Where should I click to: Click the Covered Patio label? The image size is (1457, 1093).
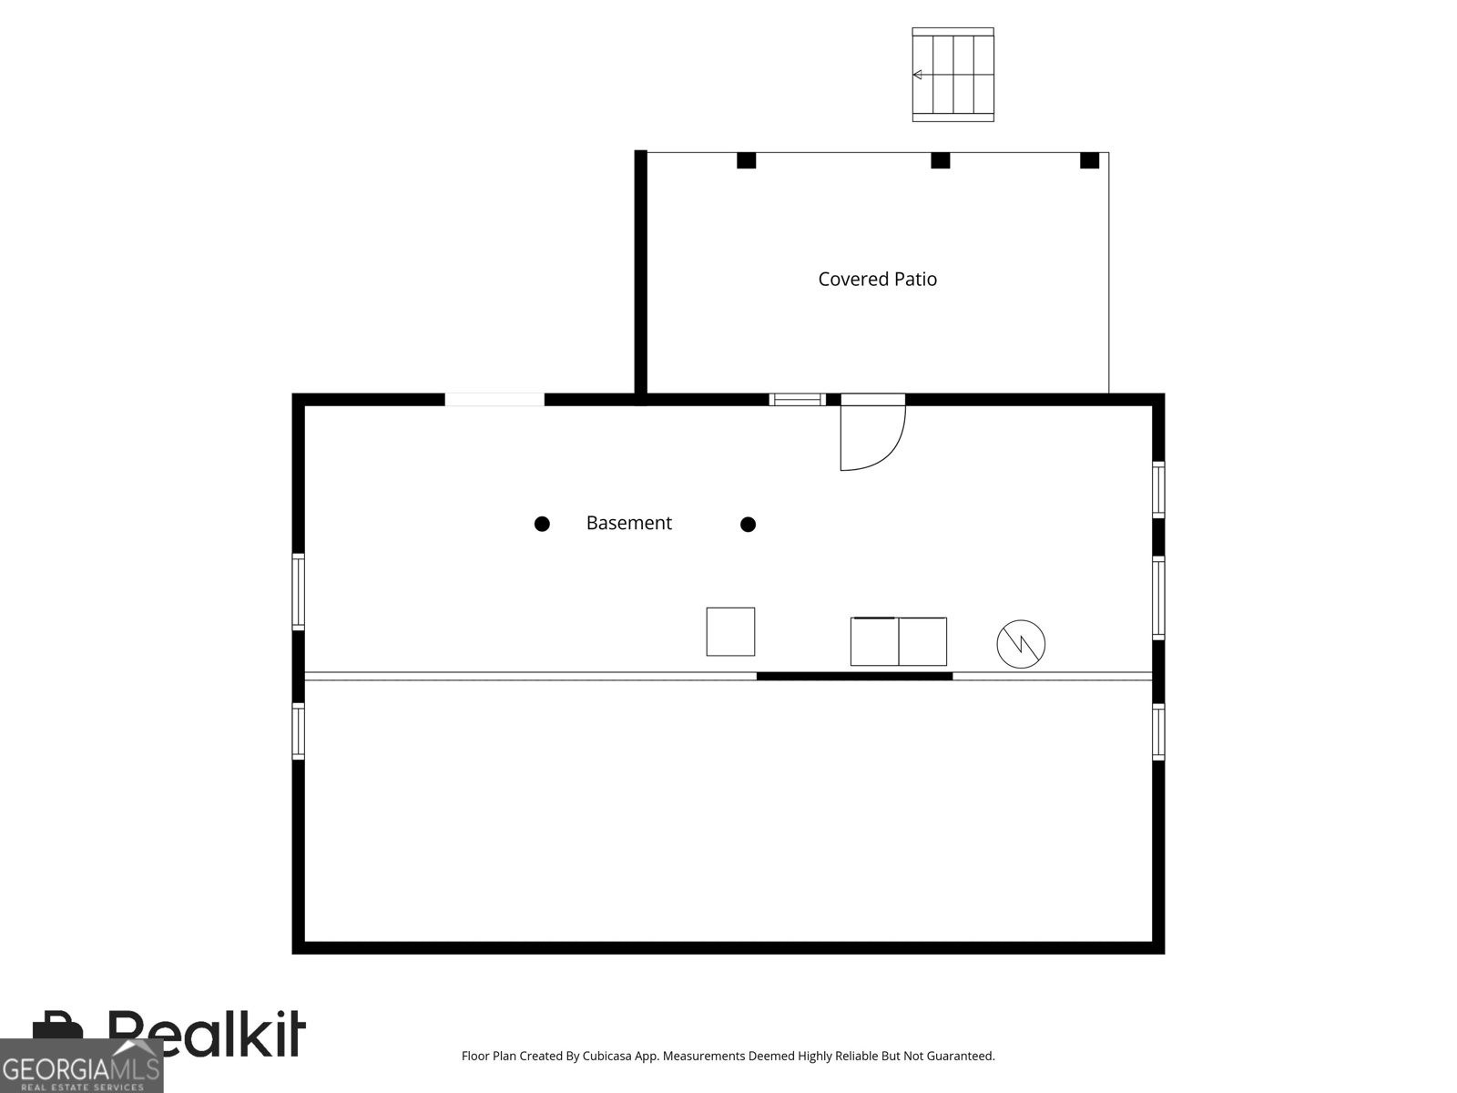[x=877, y=280]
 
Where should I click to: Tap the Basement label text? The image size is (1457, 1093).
[x=628, y=523]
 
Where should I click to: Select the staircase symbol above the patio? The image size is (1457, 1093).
[x=953, y=75]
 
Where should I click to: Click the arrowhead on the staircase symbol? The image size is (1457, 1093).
[x=918, y=75]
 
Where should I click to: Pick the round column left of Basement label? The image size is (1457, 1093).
[x=542, y=524]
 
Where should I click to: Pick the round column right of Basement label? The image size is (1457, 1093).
[x=748, y=524]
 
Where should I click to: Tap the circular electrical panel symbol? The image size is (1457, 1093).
[x=1021, y=644]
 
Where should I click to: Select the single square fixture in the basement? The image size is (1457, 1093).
[x=730, y=631]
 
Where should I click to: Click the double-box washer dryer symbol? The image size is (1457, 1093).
[x=898, y=641]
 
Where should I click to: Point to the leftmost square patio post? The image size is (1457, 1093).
[x=746, y=160]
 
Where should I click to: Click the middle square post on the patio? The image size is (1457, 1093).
[x=940, y=160]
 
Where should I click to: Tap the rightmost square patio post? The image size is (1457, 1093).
[x=1089, y=160]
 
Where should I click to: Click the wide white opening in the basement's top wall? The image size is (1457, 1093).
[x=494, y=399]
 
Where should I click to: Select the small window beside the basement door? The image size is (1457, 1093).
[x=797, y=399]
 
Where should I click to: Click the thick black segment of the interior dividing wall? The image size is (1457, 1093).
[x=854, y=676]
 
